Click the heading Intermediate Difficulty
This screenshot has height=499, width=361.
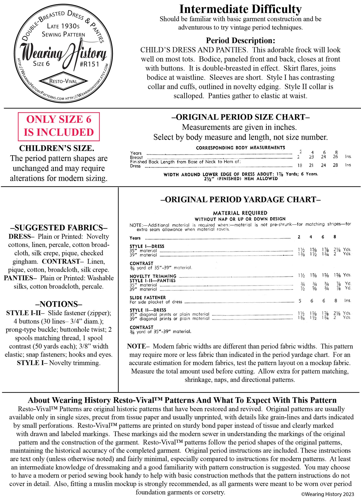pos(240,9)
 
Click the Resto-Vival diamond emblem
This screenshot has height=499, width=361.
pos(64,81)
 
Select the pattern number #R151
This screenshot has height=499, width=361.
pos(89,64)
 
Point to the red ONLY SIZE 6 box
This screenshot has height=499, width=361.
pos(59,126)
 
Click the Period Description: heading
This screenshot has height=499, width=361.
pos(240,41)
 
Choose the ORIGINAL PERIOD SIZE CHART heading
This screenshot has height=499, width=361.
pos(240,117)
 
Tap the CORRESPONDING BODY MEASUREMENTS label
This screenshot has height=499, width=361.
pos(240,148)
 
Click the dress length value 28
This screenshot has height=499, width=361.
pos(335,165)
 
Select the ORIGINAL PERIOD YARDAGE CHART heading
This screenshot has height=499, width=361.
pos(240,200)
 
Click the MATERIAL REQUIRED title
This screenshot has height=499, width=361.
pos(240,213)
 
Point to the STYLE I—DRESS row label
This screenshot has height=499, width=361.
pos(147,246)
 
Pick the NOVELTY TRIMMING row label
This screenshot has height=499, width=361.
pos(153,276)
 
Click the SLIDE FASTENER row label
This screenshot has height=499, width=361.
pos(148,297)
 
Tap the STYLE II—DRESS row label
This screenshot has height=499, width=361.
pos(148,310)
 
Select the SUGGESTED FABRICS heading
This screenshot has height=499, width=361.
pos(59,228)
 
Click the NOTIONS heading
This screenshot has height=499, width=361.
pos(59,304)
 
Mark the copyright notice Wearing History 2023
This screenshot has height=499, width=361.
pos(328,494)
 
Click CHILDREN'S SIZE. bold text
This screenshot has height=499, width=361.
pos(57,148)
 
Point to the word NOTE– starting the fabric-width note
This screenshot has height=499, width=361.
pos(138,346)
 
